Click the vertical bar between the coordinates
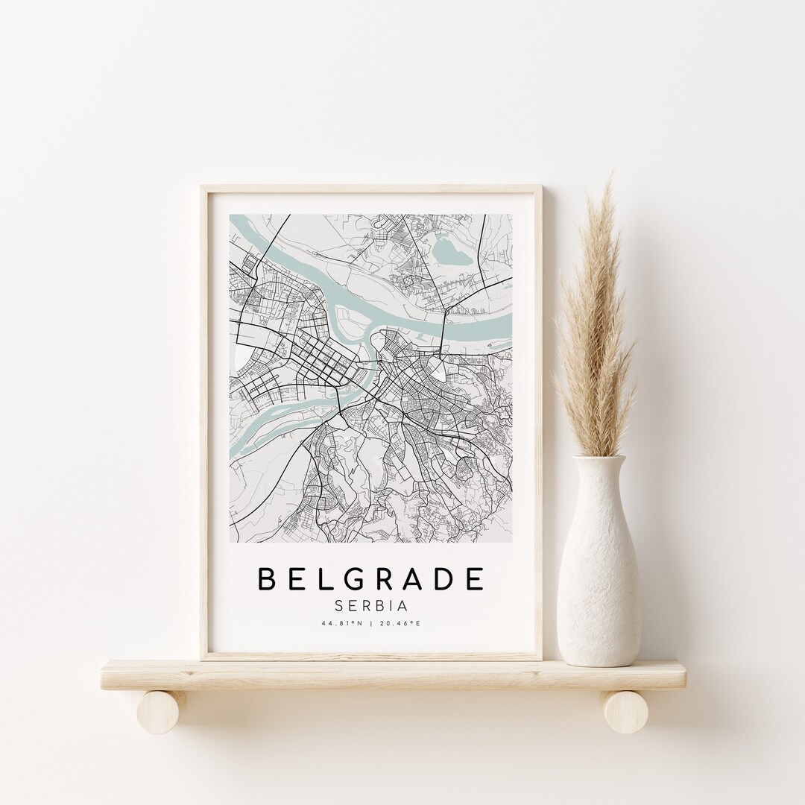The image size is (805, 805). [370, 625]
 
